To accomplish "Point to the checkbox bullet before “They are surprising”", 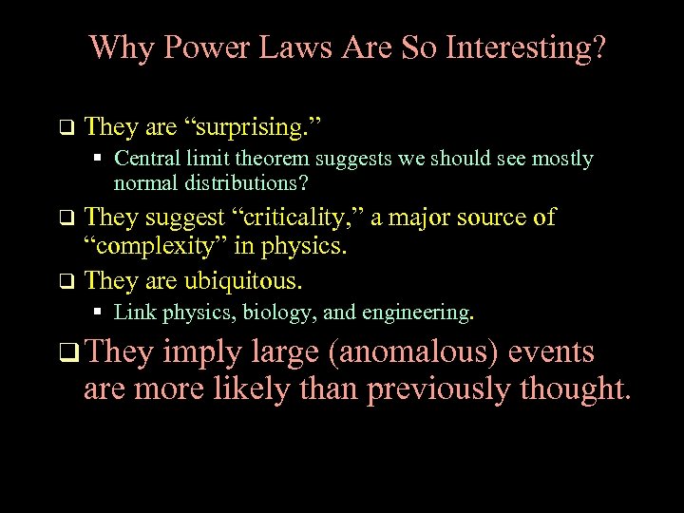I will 65,126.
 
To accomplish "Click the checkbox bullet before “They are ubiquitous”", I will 65,281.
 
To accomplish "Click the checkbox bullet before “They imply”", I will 65,354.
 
